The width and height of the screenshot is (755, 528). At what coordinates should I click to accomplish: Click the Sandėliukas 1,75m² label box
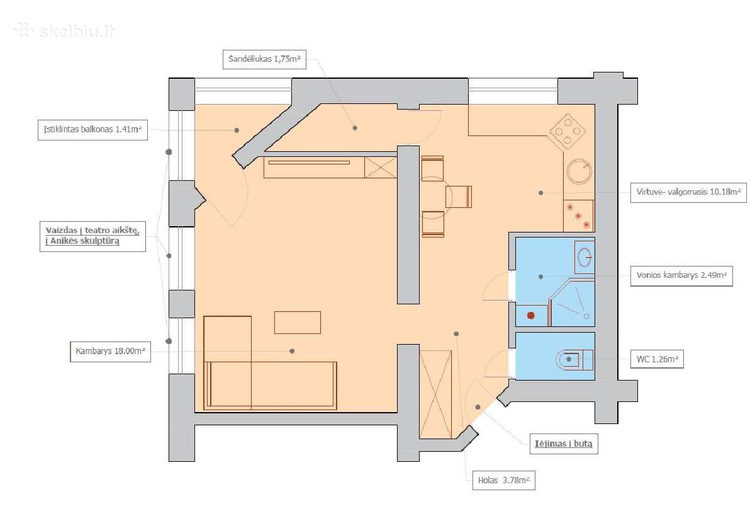(x=265, y=59)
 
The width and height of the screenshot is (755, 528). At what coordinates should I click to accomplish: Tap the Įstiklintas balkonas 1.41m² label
(x=92, y=130)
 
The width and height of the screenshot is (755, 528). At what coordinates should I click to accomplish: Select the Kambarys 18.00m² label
(x=110, y=352)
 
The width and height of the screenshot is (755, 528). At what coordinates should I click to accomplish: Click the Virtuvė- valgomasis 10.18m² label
(x=688, y=192)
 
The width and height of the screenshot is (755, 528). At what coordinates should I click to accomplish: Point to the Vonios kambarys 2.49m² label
(x=681, y=276)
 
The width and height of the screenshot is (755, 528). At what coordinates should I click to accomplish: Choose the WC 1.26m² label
(x=657, y=359)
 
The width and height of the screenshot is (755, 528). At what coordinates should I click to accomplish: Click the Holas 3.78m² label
(x=503, y=480)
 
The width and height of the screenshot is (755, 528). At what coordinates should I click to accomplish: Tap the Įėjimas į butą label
(x=564, y=444)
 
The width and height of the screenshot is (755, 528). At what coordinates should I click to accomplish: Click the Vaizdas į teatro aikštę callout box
(x=92, y=236)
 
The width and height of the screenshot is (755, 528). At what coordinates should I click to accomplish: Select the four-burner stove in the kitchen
(x=568, y=132)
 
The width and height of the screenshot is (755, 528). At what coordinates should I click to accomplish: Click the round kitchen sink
(x=579, y=171)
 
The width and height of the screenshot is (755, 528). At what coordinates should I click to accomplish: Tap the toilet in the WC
(x=574, y=360)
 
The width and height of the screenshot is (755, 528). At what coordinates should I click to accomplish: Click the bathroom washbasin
(x=584, y=257)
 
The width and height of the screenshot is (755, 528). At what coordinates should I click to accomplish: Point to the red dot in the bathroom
(x=531, y=316)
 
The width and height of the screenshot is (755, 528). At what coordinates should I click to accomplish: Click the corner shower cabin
(x=572, y=303)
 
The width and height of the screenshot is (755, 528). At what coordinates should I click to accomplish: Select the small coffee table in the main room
(x=297, y=323)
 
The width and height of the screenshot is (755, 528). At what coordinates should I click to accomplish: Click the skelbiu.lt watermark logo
(x=64, y=31)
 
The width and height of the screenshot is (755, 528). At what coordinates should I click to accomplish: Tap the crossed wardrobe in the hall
(x=435, y=394)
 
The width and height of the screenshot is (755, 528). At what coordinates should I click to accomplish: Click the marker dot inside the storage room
(x=355, y=128)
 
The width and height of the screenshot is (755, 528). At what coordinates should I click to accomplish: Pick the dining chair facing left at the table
(x=459, y=197)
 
